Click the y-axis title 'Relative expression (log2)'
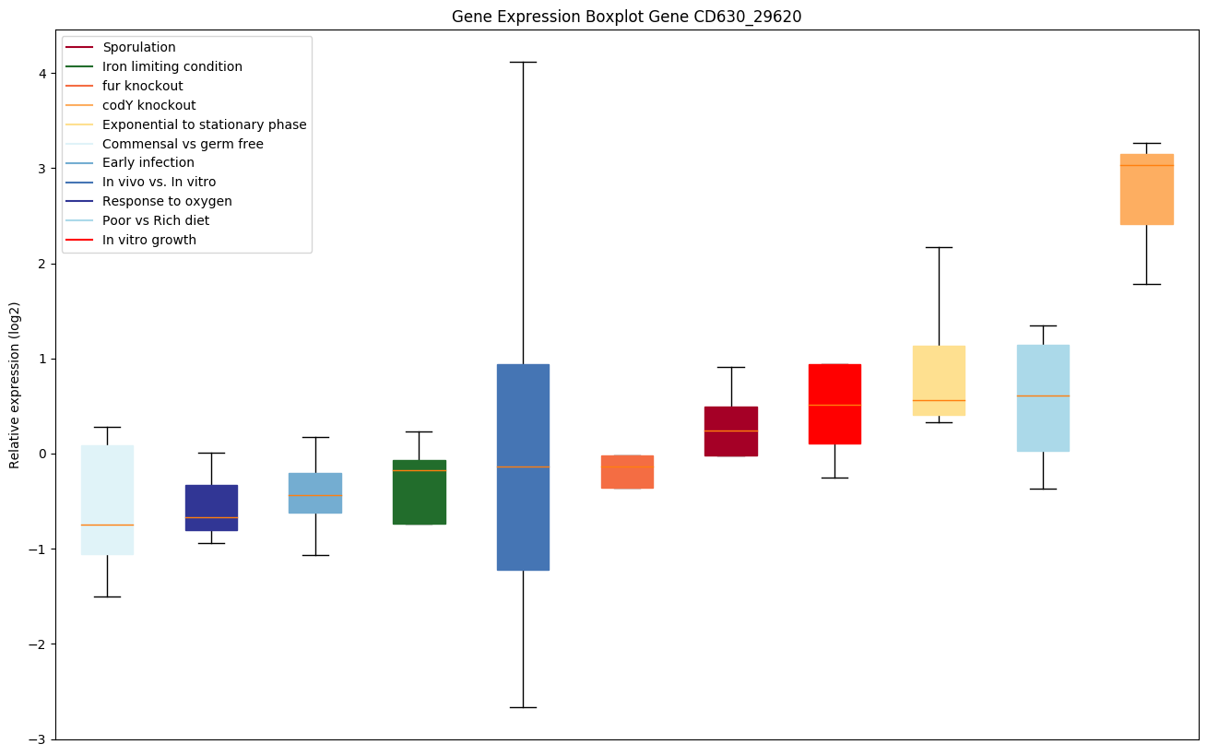[15, 384]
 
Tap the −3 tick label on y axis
[40, 739]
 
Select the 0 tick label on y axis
[43, 454]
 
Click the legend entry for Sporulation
[139, 47]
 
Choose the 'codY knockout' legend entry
[148, 105]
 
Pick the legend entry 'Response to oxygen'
[167, 201]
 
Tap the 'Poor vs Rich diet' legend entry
[156, 220]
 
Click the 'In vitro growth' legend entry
[149, 240]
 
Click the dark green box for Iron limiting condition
[420, 491]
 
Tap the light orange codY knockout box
[1147, 189]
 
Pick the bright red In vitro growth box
[834, 404]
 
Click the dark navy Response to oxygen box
[211, 507]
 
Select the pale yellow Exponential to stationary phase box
[939, 380]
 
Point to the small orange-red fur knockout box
[627, 471]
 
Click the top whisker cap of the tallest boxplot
[523, 62]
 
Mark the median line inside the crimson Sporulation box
[731, 431]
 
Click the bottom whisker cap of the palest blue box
[107, 597]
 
